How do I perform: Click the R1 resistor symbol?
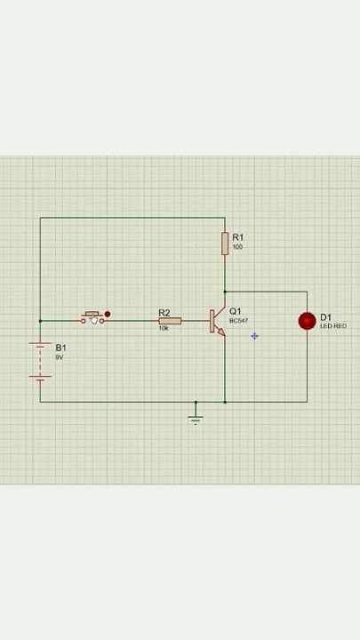pos(225,243)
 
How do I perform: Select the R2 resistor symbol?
pos(170,321)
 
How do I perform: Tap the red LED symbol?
pos(307,321)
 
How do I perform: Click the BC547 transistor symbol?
pos(217,321)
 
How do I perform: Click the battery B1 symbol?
pos(40,359)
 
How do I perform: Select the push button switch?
pos(93,317)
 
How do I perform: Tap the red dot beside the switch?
pos(108,314)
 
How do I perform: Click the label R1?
pos(238,237)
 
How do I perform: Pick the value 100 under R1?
pos(237,247)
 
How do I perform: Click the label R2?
pos(164,312)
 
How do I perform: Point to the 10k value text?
pos(164,328)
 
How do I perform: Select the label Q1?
pos(236,311)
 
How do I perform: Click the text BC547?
pos(238,321)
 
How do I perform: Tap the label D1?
pos(325,317)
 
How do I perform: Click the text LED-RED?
pos(333,326)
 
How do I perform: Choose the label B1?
pos(60,348)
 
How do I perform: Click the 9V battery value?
pos(59,356)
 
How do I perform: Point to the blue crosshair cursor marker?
pos(255,336)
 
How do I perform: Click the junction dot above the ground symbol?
pos(196,402)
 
